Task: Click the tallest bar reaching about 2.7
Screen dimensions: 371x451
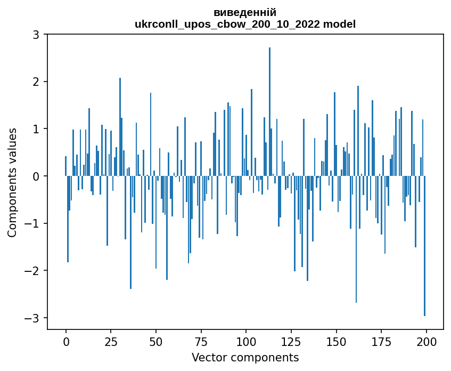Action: [x=270, y=112]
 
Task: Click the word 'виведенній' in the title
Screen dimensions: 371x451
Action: [x=245, y=13]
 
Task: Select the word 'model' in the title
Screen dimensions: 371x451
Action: [x=341, y=24]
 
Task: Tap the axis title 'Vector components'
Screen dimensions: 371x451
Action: [x=245, y=357]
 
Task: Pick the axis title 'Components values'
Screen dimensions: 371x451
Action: [x=12, y=182]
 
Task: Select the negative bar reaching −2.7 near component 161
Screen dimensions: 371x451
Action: [x=356, y=239]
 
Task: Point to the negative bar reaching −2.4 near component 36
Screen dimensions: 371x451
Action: [x=131, y=232]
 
